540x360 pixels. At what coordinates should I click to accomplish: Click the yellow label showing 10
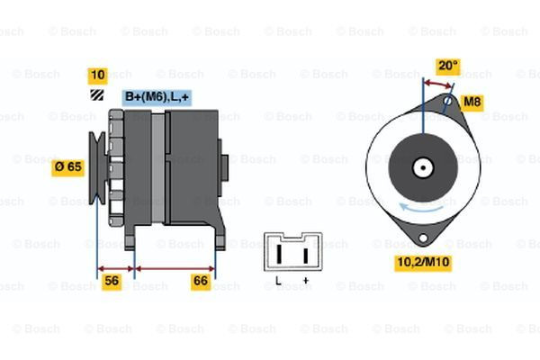coord(98,75)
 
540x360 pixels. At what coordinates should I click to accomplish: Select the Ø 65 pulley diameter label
coord(68,166)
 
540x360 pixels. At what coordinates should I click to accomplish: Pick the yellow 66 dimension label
coord(201,282)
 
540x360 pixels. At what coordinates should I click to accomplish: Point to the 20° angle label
coord(447,66)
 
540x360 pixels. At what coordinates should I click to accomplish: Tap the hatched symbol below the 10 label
coord(95,94)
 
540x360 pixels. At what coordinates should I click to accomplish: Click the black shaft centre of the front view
coord(422,167)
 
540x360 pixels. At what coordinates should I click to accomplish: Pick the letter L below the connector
coord(277,282)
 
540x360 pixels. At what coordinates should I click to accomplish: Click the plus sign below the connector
coord(306,282)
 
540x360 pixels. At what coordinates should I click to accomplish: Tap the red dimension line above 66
coord(175,267)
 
